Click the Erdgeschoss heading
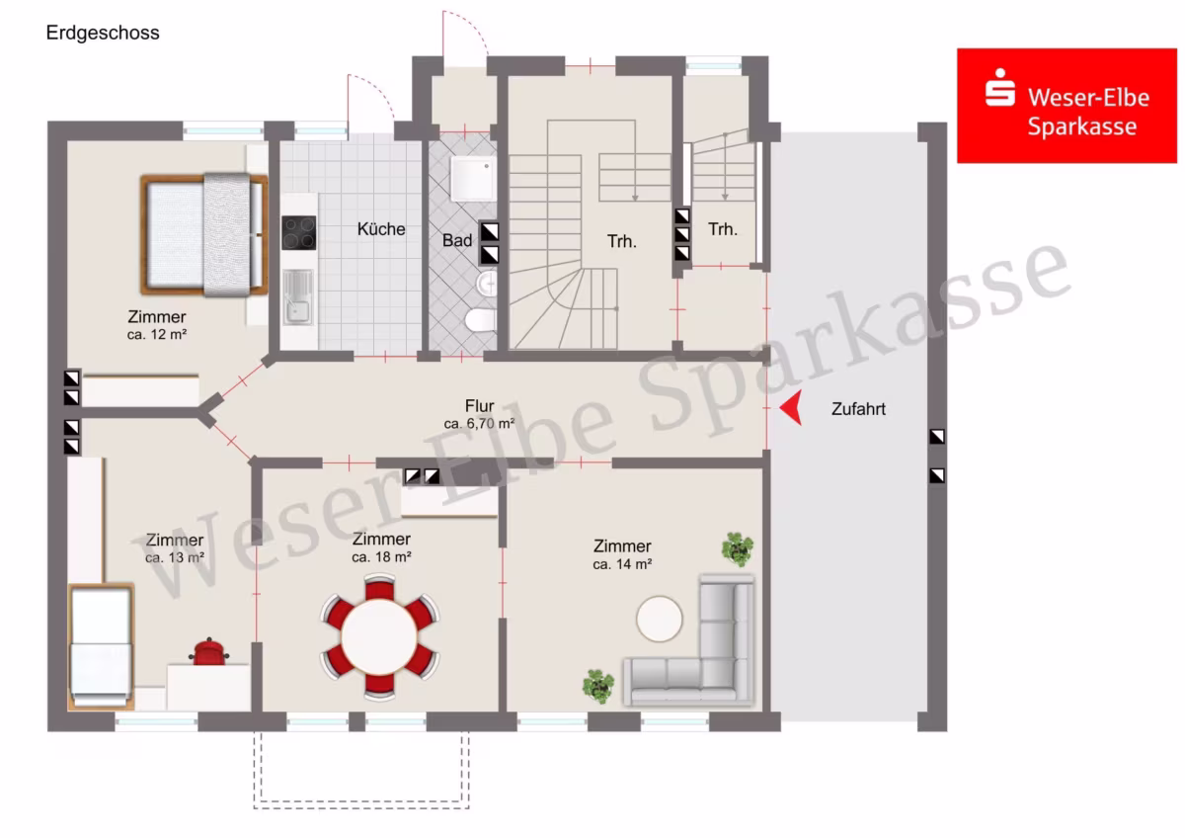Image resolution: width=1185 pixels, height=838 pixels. pos(103,33)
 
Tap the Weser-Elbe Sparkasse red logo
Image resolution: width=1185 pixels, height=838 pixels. pos(1066,106)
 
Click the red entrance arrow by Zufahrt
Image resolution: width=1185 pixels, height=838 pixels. pos(791,407)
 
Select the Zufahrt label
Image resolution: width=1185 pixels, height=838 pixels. pos(858,409)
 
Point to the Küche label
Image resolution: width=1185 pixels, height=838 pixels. pos(381,229)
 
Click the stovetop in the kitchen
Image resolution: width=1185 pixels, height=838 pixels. pos(299,232)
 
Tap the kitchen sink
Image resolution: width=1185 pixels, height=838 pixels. pos(298,297)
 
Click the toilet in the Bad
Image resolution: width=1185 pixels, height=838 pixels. pos(480,320)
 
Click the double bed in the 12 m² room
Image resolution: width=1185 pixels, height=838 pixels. pos(204,234)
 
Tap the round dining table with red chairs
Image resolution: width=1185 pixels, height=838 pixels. pos(379,636)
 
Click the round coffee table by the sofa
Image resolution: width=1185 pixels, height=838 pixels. pos(660,619)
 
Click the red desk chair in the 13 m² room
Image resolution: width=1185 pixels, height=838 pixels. pos(209,651)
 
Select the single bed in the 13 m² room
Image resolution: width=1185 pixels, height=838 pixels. pos(101,646)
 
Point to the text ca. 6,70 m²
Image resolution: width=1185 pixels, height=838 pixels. pos(479,424)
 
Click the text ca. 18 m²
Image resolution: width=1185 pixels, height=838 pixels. pos(381,557)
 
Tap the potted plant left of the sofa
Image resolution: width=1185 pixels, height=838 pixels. pos(598,686)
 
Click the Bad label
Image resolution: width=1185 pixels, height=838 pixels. pos(457,240)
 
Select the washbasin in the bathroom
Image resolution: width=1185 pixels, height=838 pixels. pos(487,284)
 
